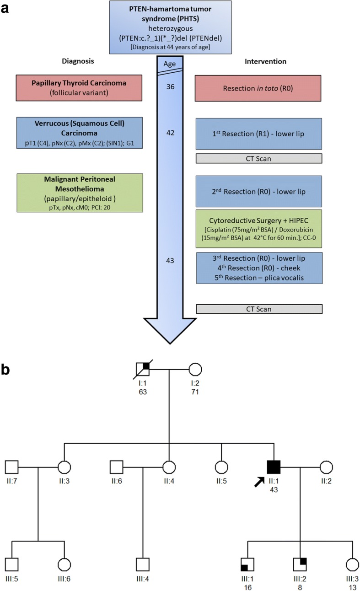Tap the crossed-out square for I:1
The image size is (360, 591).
[144, 369]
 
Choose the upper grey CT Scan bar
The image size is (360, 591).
[259, 158]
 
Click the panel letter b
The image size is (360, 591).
[7, 356]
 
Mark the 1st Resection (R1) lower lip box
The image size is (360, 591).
[259, 134]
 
